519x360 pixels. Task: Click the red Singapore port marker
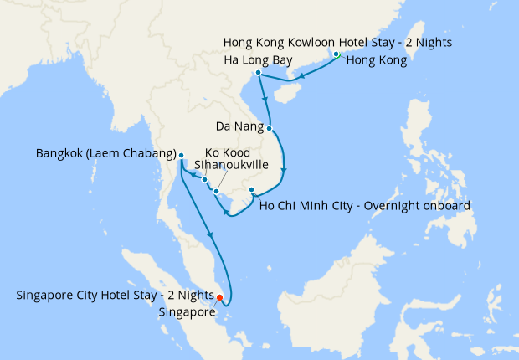[x=219, y=297]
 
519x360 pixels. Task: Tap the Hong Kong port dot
[x=337, y=54]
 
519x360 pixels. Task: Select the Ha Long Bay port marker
[x=259, y=73]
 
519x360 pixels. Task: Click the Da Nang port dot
[x=270, y=128]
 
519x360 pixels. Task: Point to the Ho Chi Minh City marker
[x=252, y=191]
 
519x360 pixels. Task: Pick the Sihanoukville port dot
[x=216, y=192]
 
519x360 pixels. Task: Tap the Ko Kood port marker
[x=204, y=179]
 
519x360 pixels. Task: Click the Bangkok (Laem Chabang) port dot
[x=181, y=155]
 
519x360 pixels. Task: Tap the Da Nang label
[x=239, y=128]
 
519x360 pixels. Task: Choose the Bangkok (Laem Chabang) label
[x=105, y=154]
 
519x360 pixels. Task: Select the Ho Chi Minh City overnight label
[x=365, y=204]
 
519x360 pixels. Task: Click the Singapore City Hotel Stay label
[x=115, y=295]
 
